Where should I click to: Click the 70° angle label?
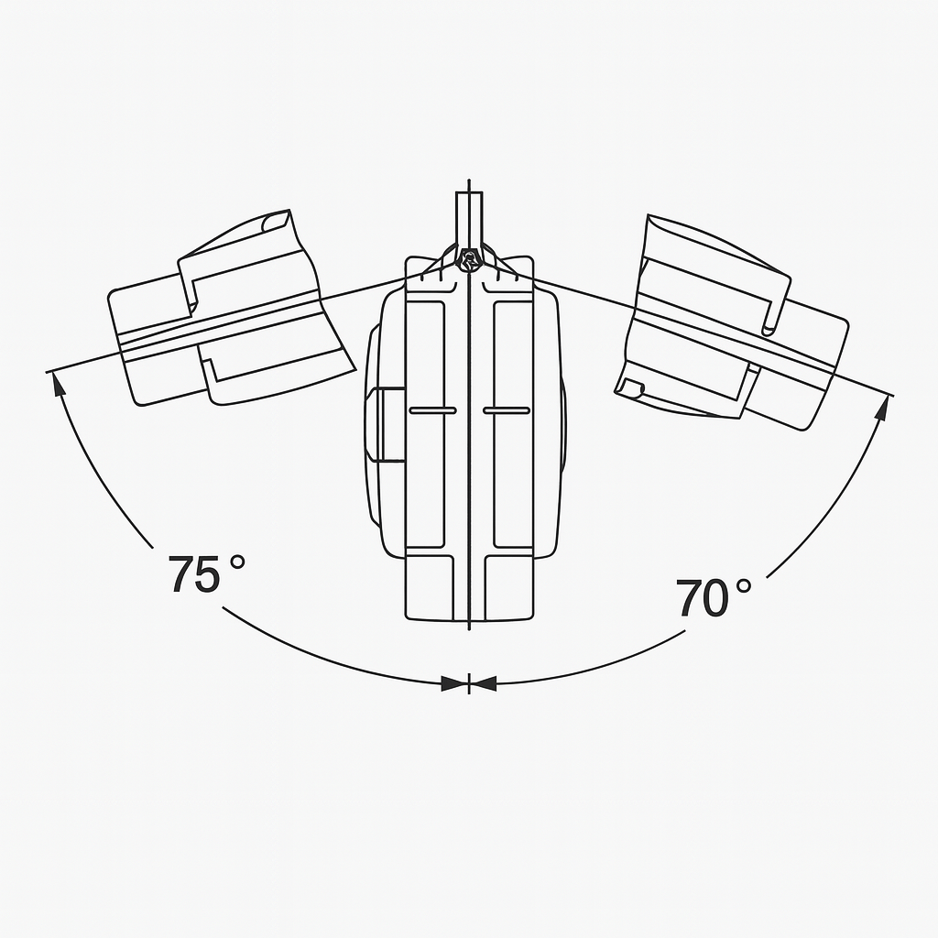[714, 597]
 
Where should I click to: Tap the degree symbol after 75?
[237, 562]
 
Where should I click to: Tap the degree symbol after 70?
[744, 585]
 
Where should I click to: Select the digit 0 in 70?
[714, 598]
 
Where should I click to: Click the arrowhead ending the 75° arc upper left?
[58, 384]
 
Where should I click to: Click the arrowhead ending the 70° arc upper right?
[882, 408]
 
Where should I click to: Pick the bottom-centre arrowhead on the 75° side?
[454, 683]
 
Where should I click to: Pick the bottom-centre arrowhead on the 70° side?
[484, 683]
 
